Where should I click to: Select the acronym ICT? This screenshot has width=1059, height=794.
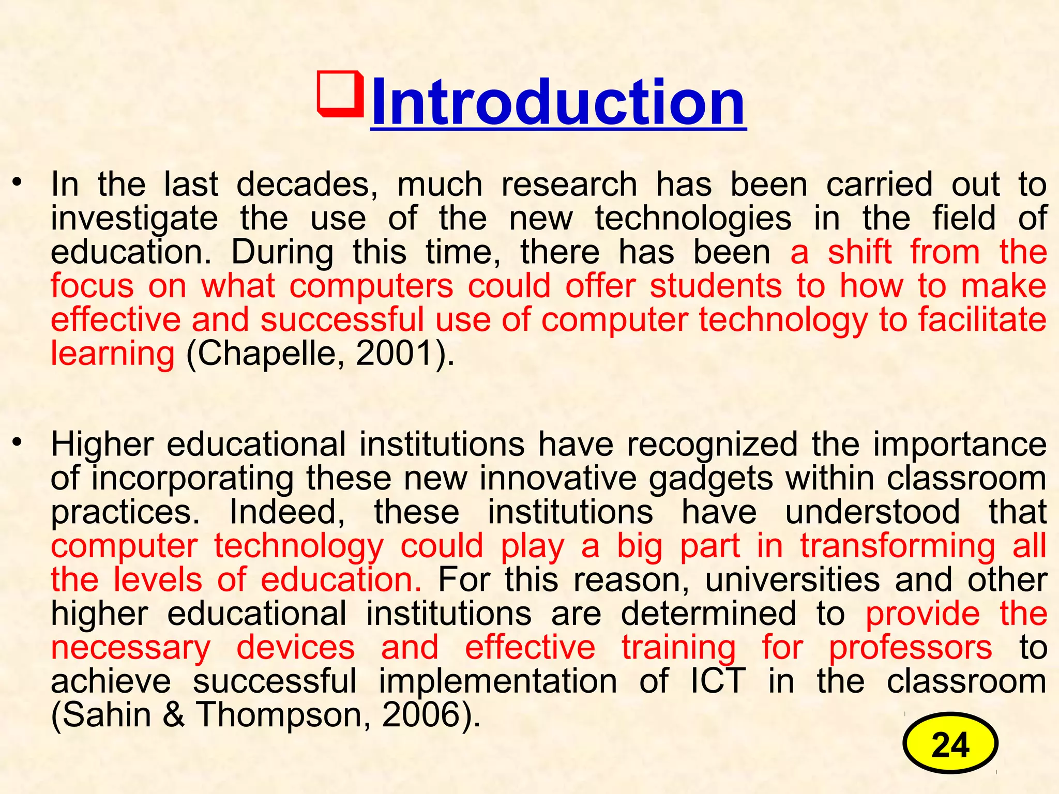(x=718, y=681)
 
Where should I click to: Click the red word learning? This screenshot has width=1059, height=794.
(x=113, y=354)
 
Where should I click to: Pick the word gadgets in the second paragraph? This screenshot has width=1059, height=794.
(x=712, y=478)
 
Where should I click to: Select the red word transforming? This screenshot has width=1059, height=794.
(x=897, y=546)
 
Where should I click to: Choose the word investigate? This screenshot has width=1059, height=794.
(x=134, y=219)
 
